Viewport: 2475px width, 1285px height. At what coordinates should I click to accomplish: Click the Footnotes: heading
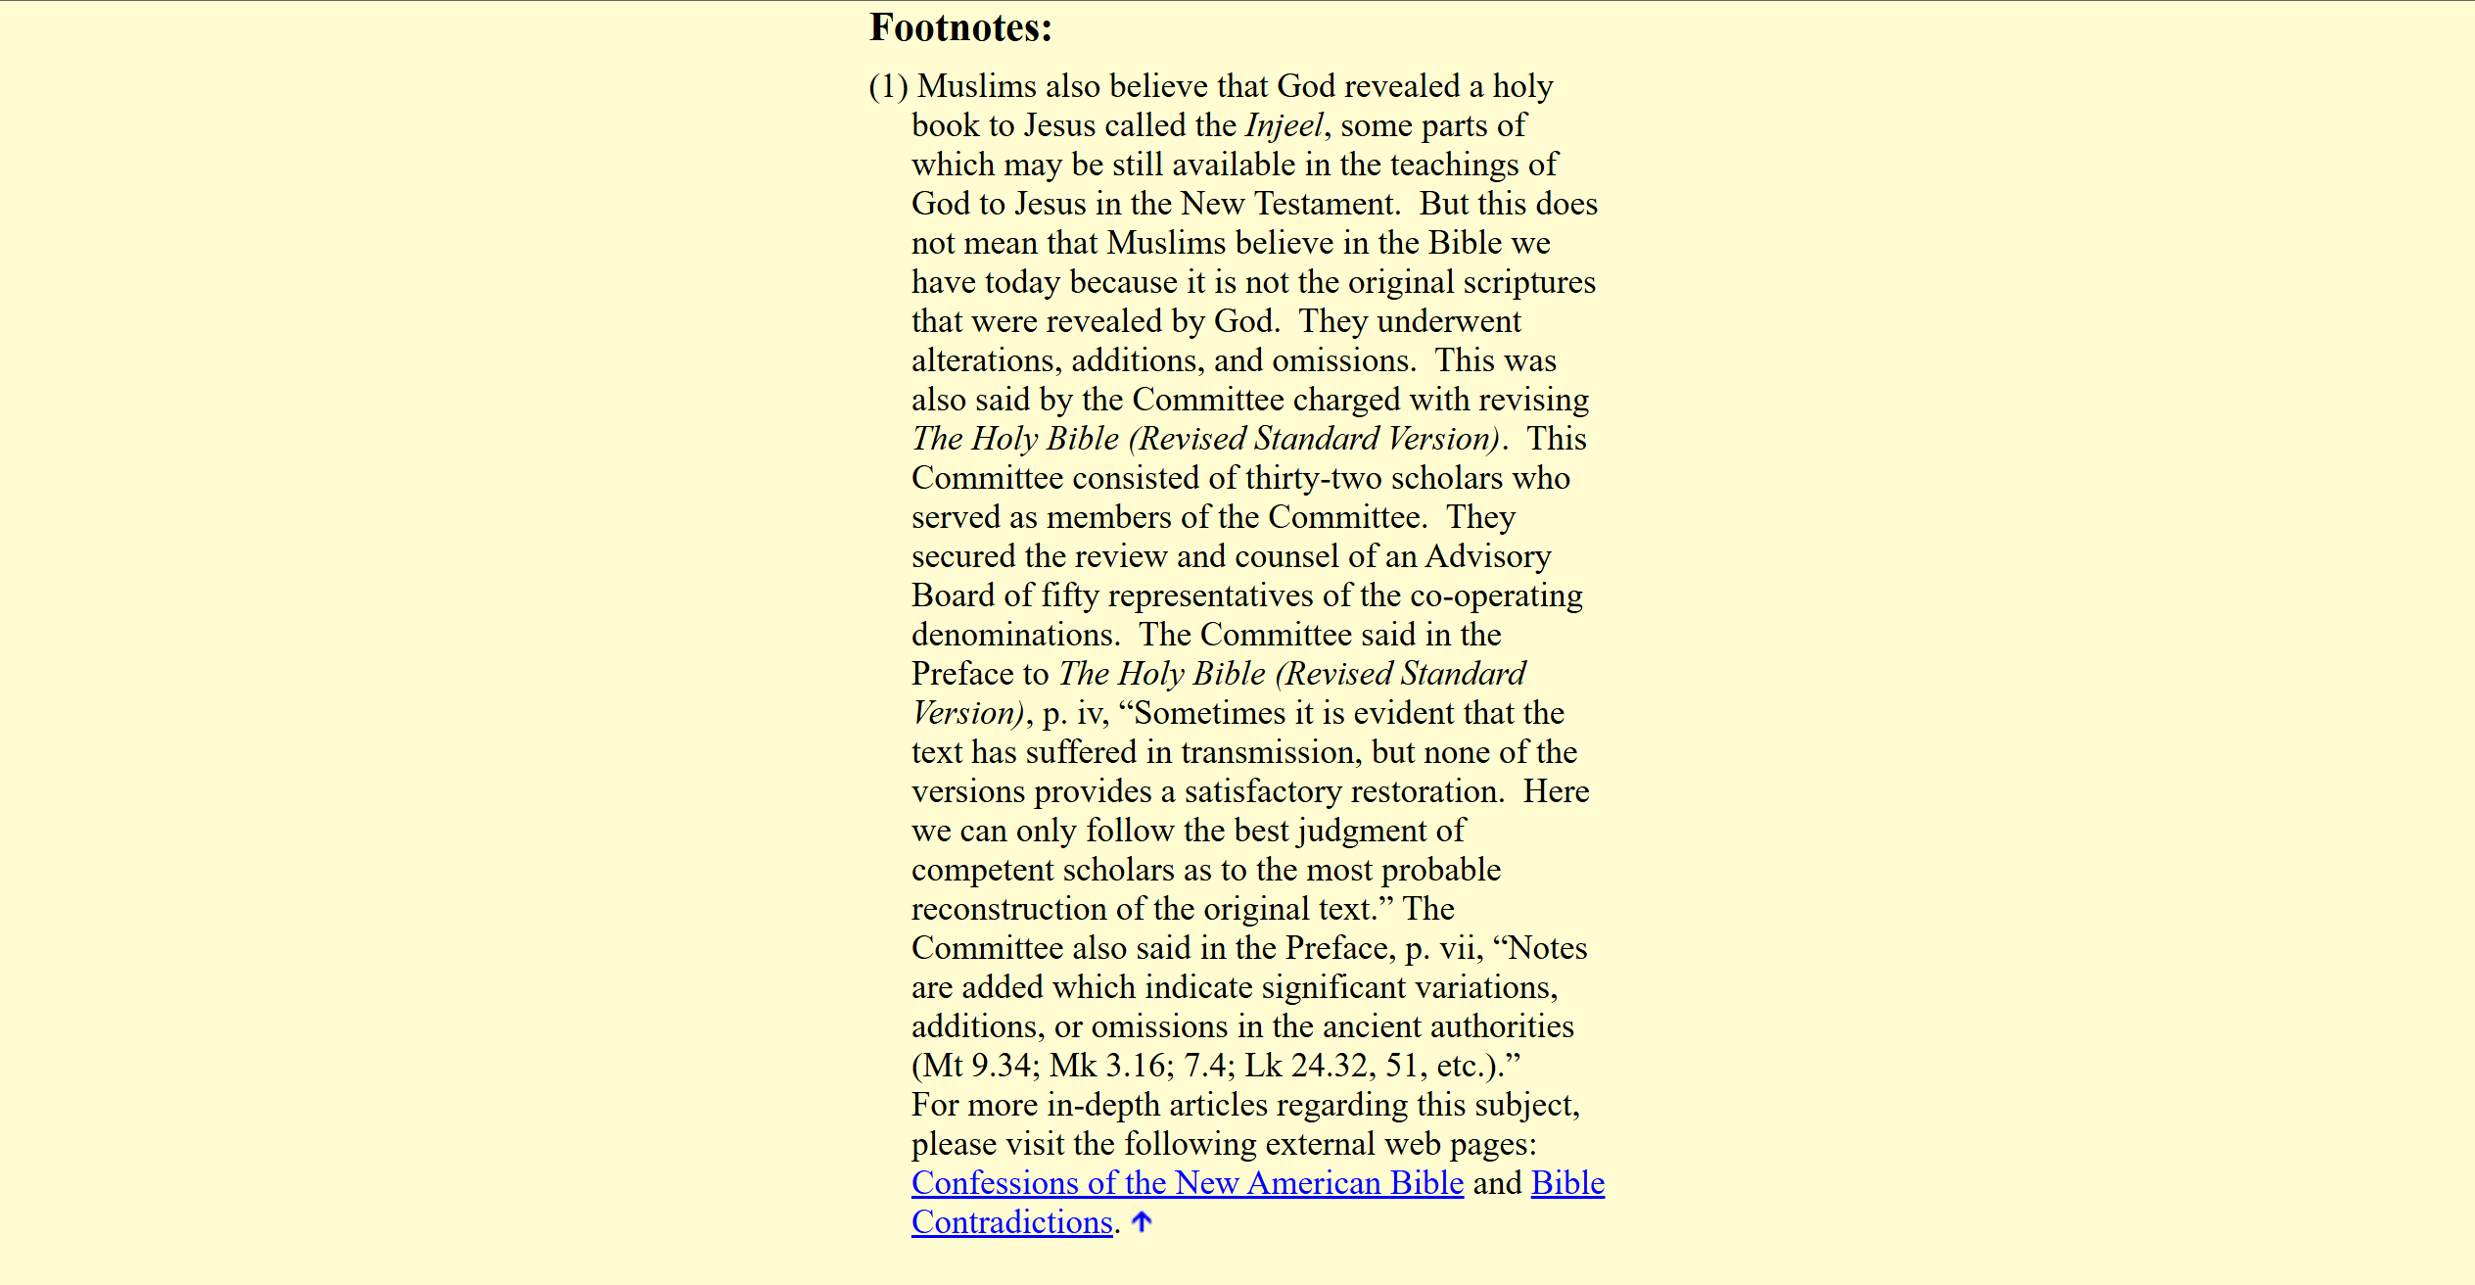(960, 27)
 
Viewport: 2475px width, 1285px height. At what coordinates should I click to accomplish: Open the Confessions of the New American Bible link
(1187, 1183)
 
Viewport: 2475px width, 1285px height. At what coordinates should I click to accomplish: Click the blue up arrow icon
(1142, 1221)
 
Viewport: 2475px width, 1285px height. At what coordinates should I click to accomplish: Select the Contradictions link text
(1011, 1222)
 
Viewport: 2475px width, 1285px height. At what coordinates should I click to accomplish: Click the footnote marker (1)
(888, 86)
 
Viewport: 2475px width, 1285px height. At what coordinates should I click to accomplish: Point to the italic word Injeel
(1284, 125)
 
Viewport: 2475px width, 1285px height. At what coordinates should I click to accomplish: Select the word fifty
(1070, 595)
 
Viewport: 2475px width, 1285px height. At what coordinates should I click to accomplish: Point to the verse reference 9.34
(1002, 1066)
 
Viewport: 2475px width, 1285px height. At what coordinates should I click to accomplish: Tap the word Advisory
(1487, 556)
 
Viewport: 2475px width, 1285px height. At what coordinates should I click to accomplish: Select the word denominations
(1014, 635)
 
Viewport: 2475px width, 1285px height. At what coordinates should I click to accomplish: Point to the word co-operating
(1496, 595)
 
